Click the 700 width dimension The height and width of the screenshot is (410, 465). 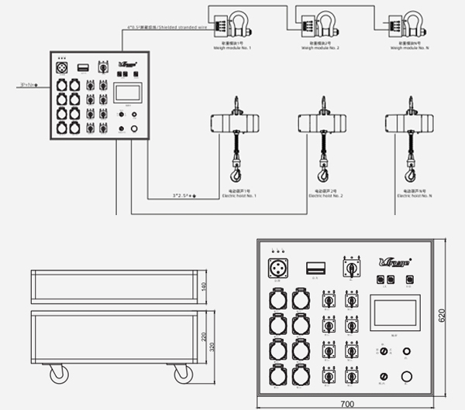pos(346,404)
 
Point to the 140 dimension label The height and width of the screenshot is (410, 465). pos(204,287)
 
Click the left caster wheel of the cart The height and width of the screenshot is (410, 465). pos(58,374)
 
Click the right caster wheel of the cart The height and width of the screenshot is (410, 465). pos(183,374)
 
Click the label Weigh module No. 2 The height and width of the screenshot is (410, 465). pos(322,45)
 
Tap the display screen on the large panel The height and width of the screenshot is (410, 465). pos(397,313)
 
